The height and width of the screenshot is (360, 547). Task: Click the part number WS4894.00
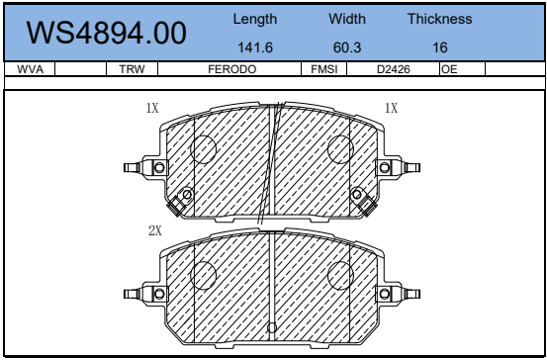pyautogui.click(x=107, y=34)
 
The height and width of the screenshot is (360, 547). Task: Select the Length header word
pyautogui.click(x=255, y=19)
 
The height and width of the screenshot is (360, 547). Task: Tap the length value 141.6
pyautogui.click(x=255, y=47)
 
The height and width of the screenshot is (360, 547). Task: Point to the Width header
pyautogui.click(x=347, y=19)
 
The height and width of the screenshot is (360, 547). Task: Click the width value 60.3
pyautogui.click(x=347, y=47)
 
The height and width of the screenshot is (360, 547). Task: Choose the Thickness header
pyautogui.click(x=440, y=19)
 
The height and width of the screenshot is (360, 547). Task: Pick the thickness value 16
pyautogui.click(x=440, y=47)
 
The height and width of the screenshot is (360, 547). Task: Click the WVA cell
pyautogui.click(x=30, y=69)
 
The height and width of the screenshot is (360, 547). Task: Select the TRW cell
pyautogui.click(x=132, y=69)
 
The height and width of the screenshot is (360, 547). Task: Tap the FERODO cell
pyautogui.click(x=232, y=69)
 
